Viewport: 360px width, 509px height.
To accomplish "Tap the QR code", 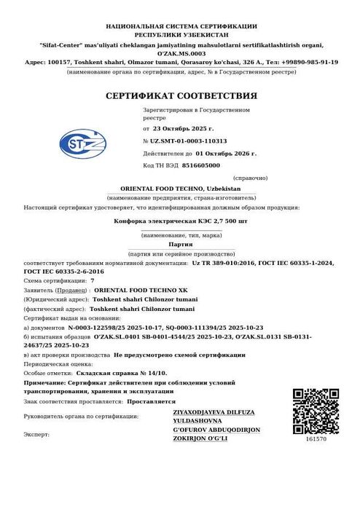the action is (315, 411).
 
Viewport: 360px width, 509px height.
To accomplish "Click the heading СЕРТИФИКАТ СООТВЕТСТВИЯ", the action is (181, 95).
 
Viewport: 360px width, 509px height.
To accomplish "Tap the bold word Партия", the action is (181, 244).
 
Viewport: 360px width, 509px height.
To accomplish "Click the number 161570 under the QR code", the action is (316, 439).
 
